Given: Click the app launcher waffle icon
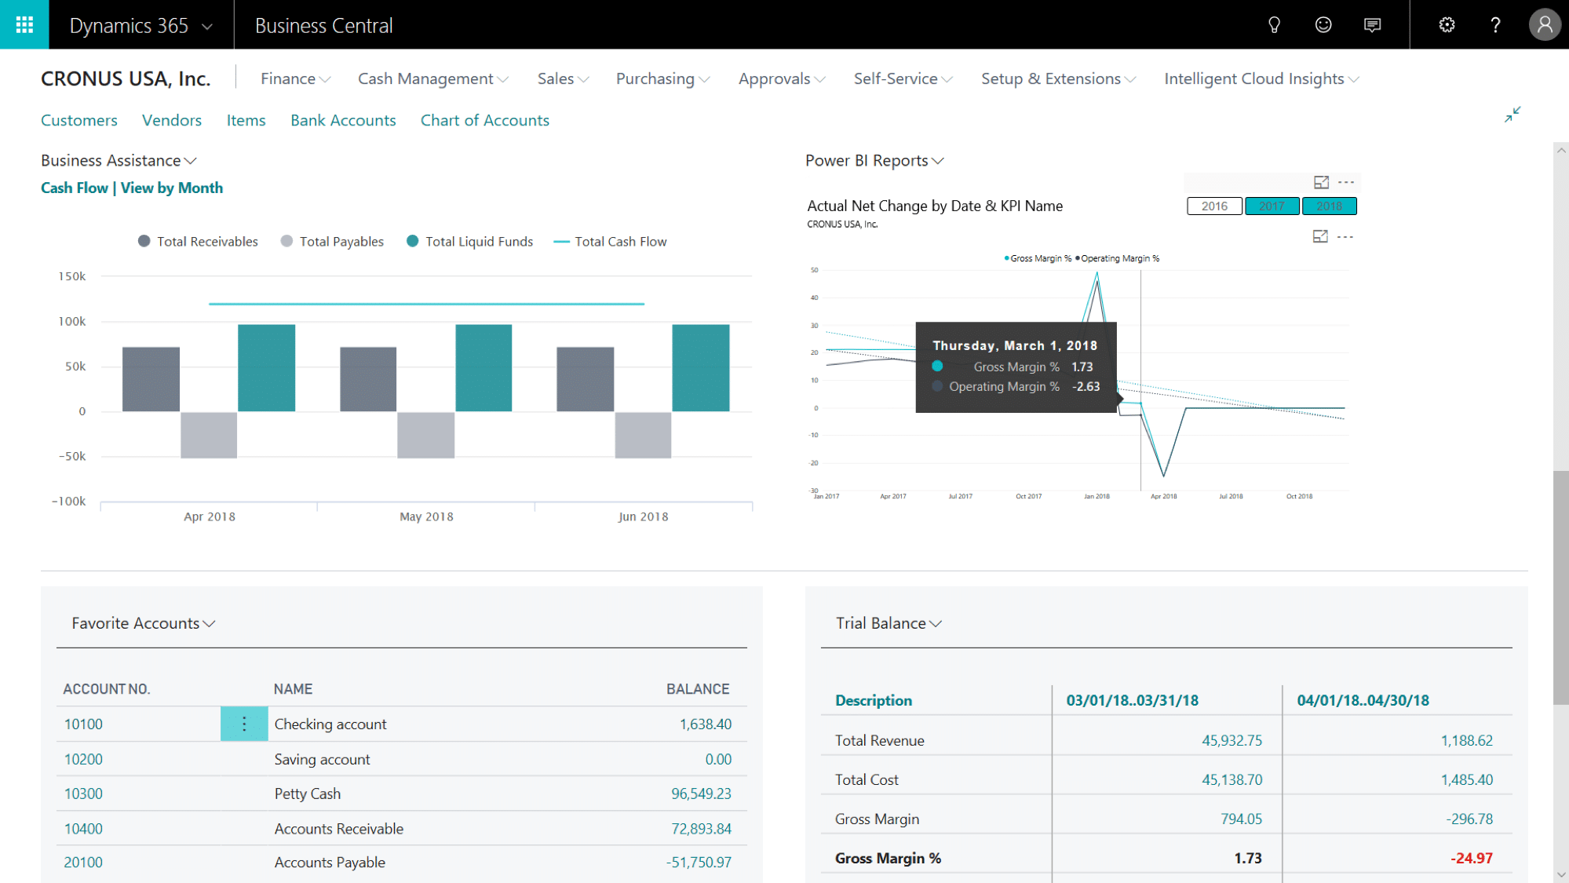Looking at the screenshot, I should pyautogui.click(x=24, y=24).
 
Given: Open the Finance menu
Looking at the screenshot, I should pyautogui.click(x=295, y=78).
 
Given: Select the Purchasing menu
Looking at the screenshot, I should pyautogui.click(x=662, y=78).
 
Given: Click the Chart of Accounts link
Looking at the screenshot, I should pyautogui.click(x=484, y=120).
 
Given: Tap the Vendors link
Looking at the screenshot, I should pyautogui.click(x=171, y=120).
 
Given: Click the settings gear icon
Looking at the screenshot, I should pyautogui.click(x=1447, y=24).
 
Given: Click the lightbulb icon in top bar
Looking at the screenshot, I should pyautogui.click(x=1274, y=24).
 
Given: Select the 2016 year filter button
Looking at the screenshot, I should pyautogui.click(x=1213, y=206).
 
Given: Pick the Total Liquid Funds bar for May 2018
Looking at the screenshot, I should pyautogui.click(x=483, y=367).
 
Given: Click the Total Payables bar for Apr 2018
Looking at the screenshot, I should pyautogui.click(x=209, y=434).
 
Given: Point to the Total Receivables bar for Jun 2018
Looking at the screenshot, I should pyautogui.click(x=585, y=379).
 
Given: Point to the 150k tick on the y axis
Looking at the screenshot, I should pyautogui.click(x=72, y=276).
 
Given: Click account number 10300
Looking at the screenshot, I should pyautogui.click(x=83, y=794).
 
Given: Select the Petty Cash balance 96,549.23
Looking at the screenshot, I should pyautogui.click(x=700, y=794).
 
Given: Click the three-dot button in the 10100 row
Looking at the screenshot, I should pyautogui.click(x=244, y=724).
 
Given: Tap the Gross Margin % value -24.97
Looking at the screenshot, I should pyautogui.click(x=1471, y=858).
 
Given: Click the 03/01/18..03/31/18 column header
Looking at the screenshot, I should pyautogui.click(x=1132, y=700).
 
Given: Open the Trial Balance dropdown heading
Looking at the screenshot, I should pyautogui.click(x=888, y=623).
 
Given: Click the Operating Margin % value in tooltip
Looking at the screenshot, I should pyautogui.click(x=1086, y=386).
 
